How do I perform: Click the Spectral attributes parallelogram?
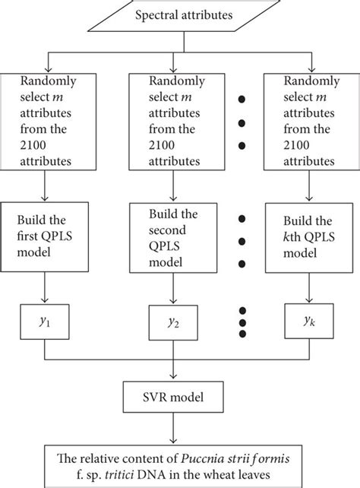pyautogui.click(x=184, y=15)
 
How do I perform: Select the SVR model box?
pyautogui.click(x=173, y=397)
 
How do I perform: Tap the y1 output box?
pyautogui.click(x=45, y=322)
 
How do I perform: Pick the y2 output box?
pyautogui.click(x=173, y=322)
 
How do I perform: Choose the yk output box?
pyautogui.click(x=309, y=321)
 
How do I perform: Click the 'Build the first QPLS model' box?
pyautogui.click(x=45, y=237)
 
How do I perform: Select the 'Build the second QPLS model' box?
pyautogui.click(x=173, y=238)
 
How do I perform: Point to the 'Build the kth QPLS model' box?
pyautogui.click(x=309, y=238)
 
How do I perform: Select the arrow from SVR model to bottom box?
pyautogui.click(x=173, y=428)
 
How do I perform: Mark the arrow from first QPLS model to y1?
pyautogui.click(x=45, y=287)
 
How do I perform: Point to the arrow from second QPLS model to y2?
pyautogui.click(x=173, y=289)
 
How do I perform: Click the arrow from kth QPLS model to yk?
pyautogui.click(x=309, y=288)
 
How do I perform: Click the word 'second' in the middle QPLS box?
pyautogui.click(x=167, y=230)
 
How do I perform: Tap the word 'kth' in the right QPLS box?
pyautogui.click(x=292, y=237)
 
